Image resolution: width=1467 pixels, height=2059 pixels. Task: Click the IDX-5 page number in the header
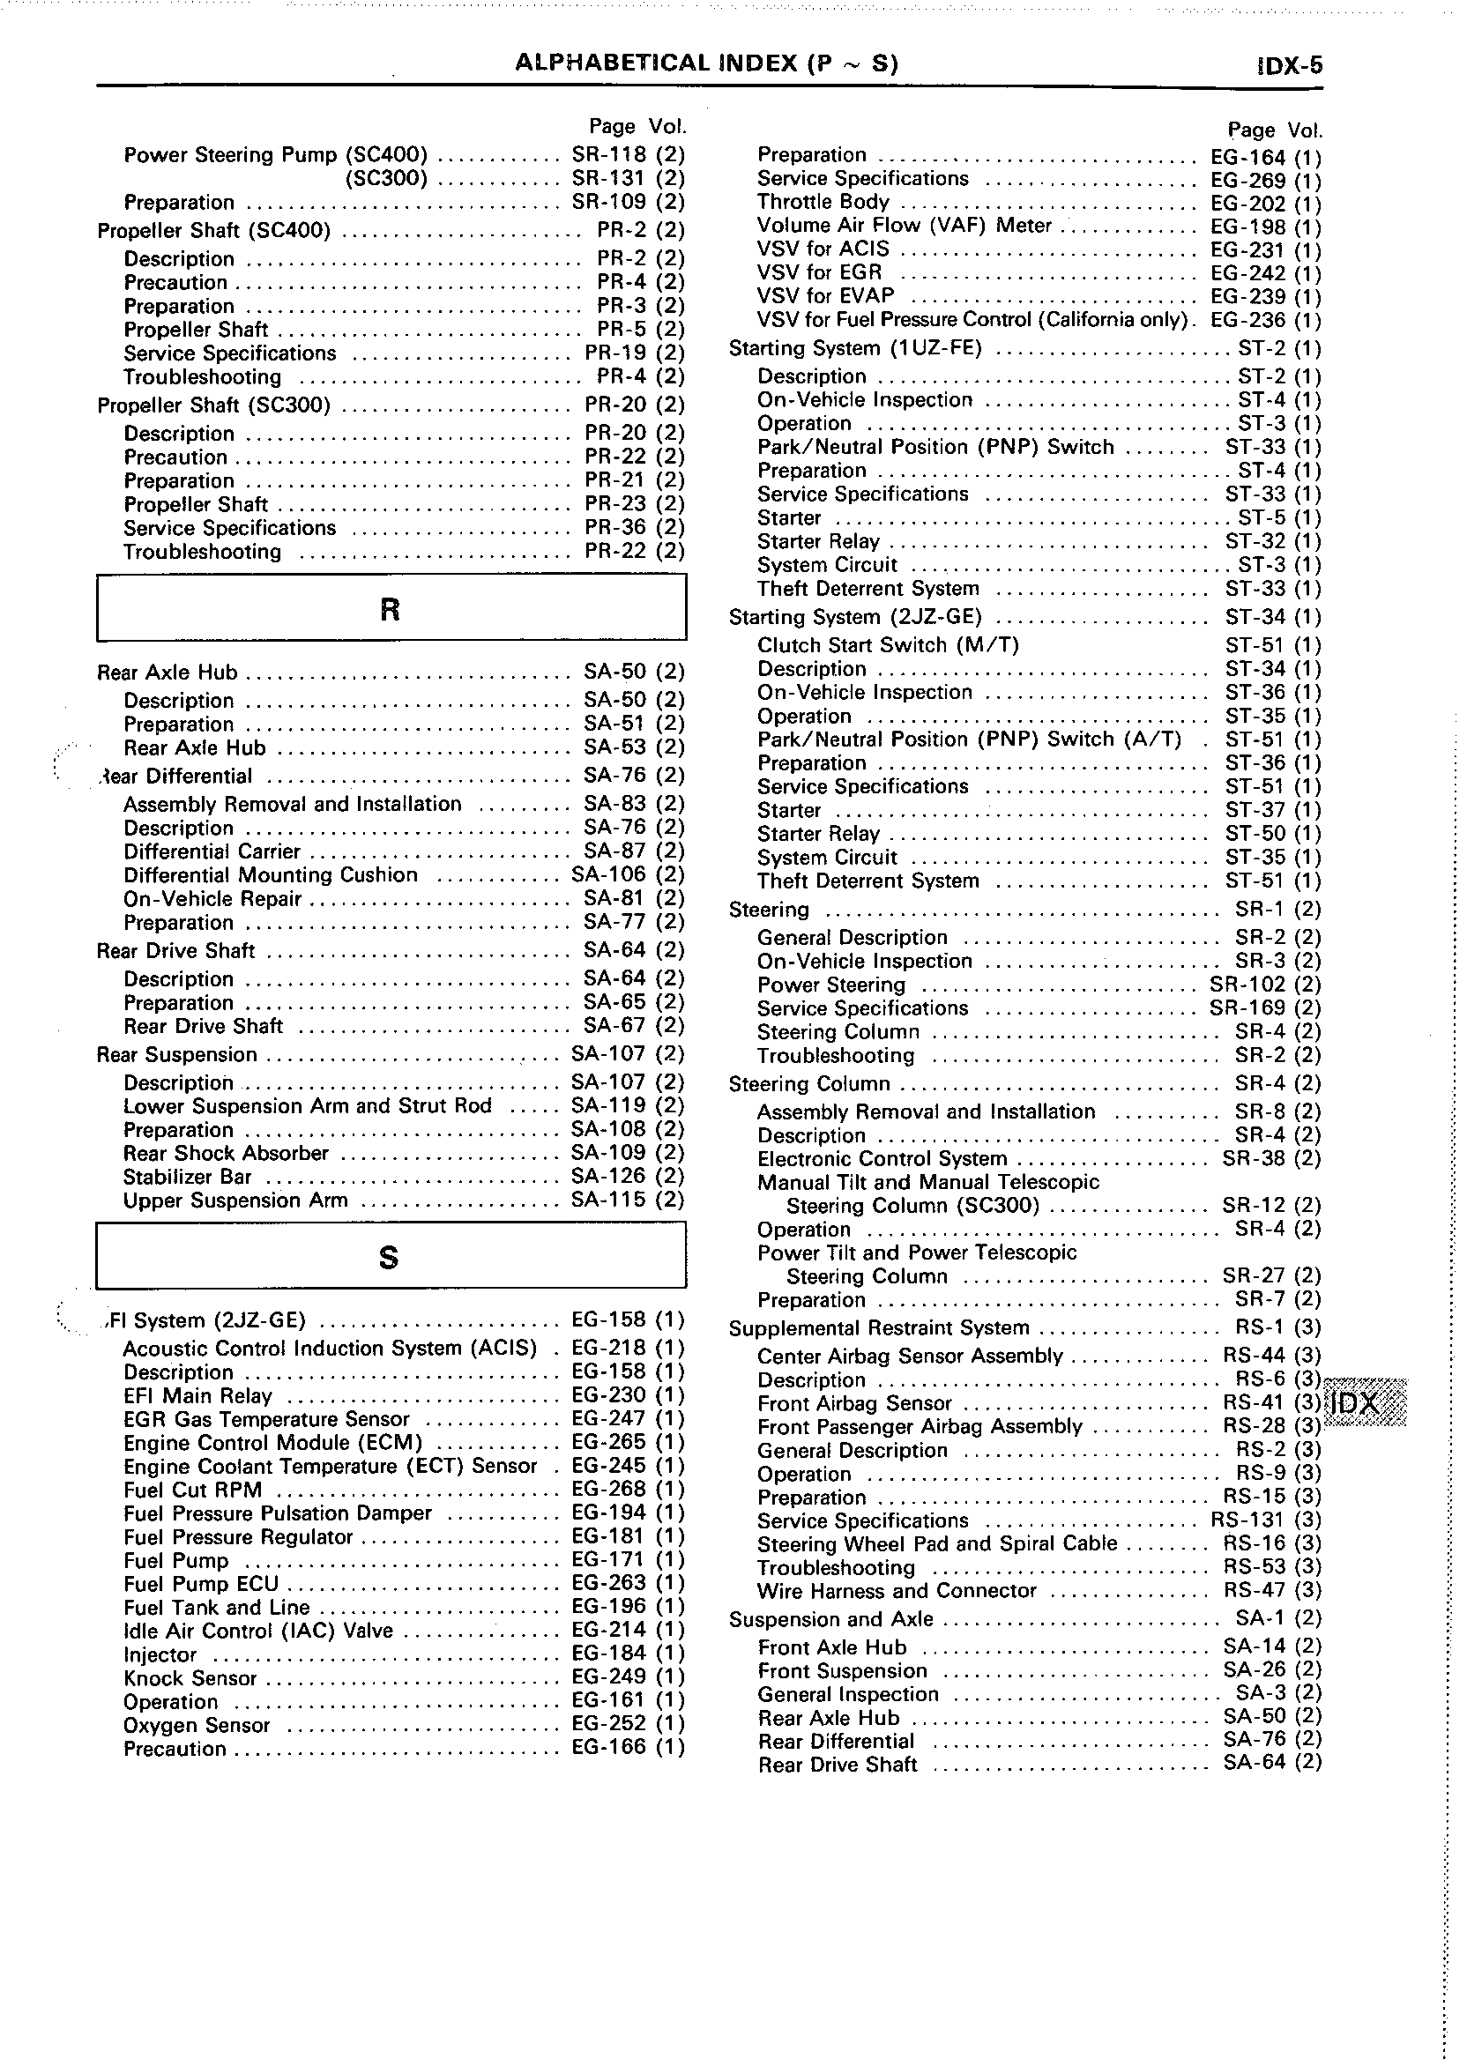coord(1289,66)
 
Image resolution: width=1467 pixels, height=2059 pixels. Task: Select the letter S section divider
coord(391,1256)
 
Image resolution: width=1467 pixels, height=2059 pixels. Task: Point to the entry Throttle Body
coord(823,203)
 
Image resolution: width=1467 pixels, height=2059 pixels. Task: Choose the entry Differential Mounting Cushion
coord(271,875)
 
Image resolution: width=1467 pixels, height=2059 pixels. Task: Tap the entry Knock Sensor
coord(190,1678)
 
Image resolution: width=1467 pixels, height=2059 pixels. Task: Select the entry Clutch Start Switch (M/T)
coord(890,645)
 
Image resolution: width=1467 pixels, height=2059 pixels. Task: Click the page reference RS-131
coord(1247,1520)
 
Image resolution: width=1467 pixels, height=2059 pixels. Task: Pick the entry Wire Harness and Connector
coord(897,1590)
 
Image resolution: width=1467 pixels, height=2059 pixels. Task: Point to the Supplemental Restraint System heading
coord(879,1327)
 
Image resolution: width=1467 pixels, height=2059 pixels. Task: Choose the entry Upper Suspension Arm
coord(235,1200)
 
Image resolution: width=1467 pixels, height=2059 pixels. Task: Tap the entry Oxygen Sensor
coord(197,1725)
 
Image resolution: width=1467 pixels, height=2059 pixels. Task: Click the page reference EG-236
coord(1247,320)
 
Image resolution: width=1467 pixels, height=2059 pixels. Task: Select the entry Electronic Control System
coord(882,1159)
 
